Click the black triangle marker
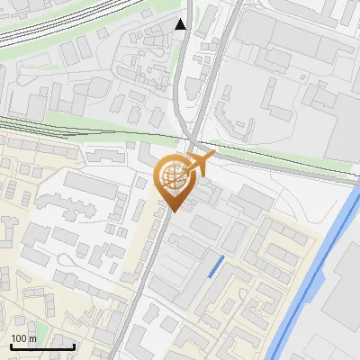[x=181, y=24]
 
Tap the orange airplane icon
[x=200, y=163]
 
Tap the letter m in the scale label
[x=33, y=338]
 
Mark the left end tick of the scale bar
[x=11, y=346]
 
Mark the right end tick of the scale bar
[x=74, y=346]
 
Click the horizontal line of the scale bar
[x=42, y=347]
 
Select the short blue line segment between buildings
[x=216, y=265]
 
